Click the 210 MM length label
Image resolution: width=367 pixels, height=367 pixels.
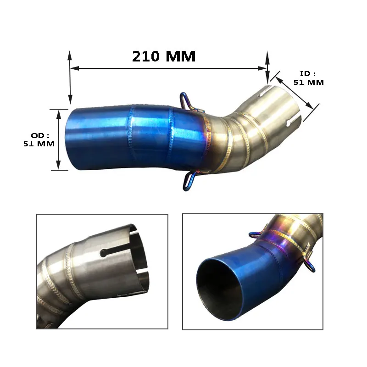coord(164,56)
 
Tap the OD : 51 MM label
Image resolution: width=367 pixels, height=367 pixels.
coord(39,140)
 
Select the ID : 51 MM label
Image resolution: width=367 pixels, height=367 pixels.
coord(308,78)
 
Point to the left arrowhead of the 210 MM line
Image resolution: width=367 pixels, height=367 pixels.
coord(74,68)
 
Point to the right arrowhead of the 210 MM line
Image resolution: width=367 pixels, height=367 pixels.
coord(262,68)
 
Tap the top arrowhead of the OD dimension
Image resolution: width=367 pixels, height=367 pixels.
coord(59,114)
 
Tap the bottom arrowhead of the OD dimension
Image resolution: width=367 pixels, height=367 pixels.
coord(59,165)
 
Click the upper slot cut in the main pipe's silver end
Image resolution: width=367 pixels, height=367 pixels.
coord(265,90)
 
